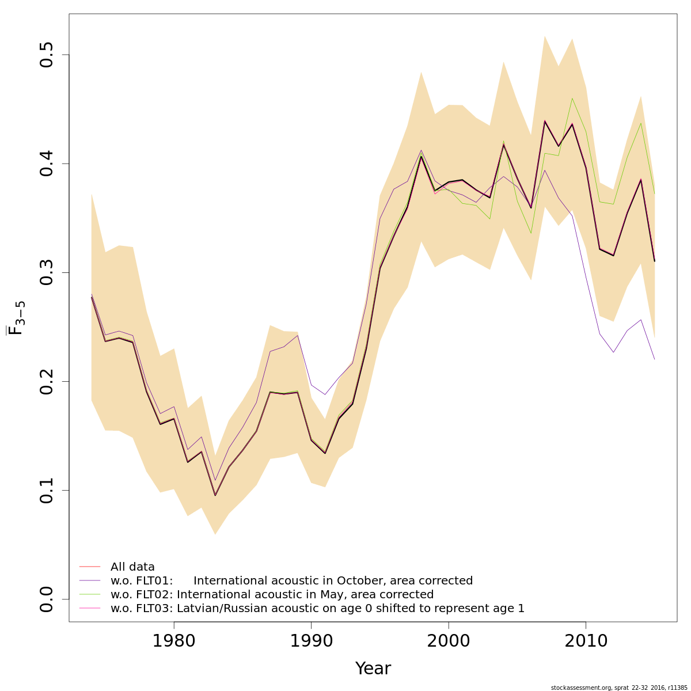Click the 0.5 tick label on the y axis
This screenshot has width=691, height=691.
pos(47,55)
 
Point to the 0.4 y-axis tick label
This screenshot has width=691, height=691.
pos(47,164)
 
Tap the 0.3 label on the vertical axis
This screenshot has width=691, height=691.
pos(47,272)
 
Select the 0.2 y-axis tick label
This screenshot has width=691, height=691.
pos(47,381)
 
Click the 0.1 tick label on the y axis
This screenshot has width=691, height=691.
pos(47,490)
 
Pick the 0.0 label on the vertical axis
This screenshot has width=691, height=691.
pos(47,599)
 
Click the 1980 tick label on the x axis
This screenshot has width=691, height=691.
pos(173,640)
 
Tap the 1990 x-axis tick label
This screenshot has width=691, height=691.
pos(311,640)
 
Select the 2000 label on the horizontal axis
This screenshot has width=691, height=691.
pos(448,640)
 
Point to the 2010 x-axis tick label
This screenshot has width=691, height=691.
pos(586,640)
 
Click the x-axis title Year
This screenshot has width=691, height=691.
pos(373,669)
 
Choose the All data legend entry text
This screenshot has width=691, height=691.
pos(132,567)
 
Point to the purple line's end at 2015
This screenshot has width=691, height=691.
pos(654,359)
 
